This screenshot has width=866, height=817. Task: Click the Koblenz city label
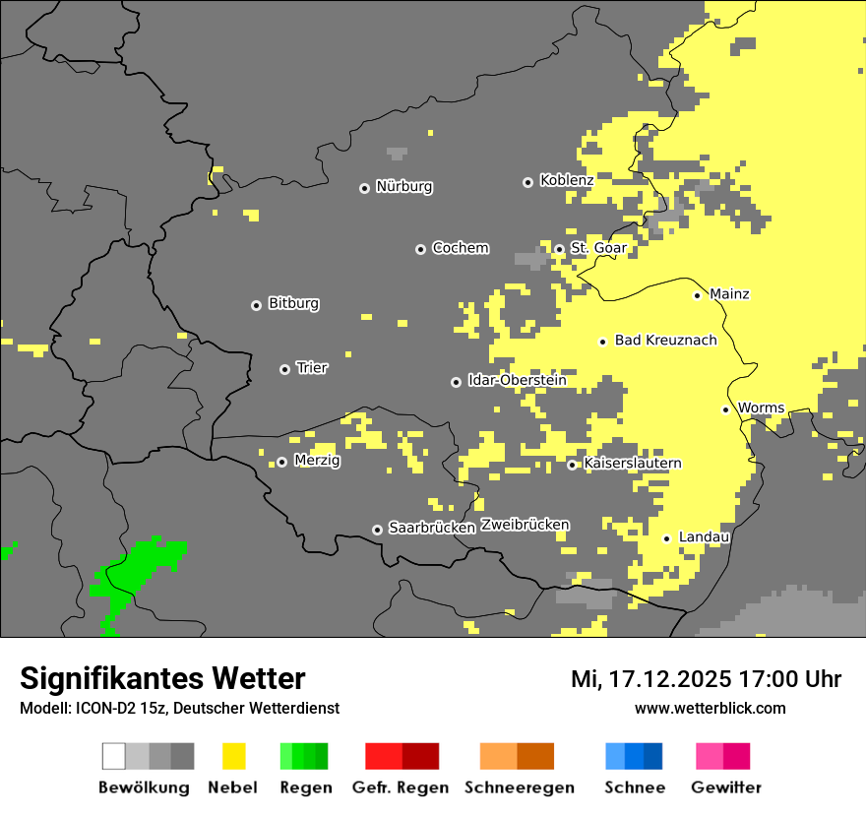[x=566, y=181]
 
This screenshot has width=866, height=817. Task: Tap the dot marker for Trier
[x=284, y=369]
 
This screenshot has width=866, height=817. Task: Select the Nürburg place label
[x=403, y=187]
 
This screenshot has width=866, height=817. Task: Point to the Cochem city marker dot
[x=420, y=249]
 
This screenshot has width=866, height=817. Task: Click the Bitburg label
[x=293, y=304]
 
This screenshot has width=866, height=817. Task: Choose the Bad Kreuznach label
[x=665, y=341]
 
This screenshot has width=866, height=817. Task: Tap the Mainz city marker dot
[x=697, y=295]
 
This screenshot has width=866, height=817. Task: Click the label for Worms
[x=761, y=408]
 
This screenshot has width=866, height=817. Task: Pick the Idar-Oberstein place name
[x=517, y=381]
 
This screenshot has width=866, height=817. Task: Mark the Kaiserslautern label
[x=632, y=464]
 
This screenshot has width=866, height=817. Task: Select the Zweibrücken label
[x=525, y=525]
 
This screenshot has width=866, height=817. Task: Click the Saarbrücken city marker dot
[x=377, y=530]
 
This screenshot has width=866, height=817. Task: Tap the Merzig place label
[x=317, y=461]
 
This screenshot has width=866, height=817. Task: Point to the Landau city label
[x=704, y=537]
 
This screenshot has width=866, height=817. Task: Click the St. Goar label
[x=598, y=248]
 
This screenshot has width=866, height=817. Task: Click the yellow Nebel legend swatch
[x=233, y=756]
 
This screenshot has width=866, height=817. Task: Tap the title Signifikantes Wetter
[x=162, y=678]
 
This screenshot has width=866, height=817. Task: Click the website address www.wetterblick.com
[x=710, y=709]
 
